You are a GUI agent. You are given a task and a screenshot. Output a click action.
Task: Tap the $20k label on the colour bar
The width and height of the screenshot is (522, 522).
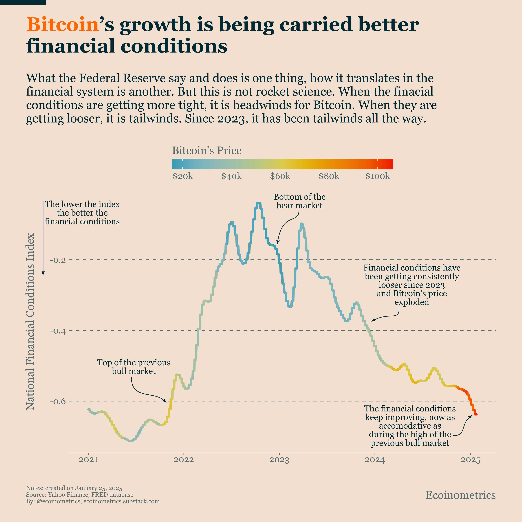[x=183, y=176]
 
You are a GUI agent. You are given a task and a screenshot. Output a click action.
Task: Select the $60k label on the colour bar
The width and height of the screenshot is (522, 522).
[x=280, y=176]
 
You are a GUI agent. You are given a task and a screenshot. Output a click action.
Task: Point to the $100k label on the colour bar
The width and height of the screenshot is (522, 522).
[x=377, y=176]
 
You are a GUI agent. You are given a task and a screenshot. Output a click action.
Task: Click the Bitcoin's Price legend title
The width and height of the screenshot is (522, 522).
[x=207, y=150]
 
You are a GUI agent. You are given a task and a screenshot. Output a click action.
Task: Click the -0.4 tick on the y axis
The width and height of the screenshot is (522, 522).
[x=58, y=331]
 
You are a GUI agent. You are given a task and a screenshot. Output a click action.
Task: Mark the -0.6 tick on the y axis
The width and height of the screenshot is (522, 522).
[x=58, y=401]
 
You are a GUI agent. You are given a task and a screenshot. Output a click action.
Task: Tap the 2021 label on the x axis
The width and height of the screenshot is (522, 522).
[x=88, y=460]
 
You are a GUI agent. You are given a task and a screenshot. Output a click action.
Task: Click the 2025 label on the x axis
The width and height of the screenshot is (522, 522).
[x=471, y=460]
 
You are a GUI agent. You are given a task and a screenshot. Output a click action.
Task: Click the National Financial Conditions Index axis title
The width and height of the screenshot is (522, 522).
[x=30, y=321]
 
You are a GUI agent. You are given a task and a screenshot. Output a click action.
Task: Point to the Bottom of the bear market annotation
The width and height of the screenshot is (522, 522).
[x=299, y=201]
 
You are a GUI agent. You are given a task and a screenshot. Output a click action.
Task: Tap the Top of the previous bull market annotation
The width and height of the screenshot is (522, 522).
[x=134, y=367]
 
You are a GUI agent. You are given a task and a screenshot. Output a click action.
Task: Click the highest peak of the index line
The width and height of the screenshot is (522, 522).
[x=258, y=202]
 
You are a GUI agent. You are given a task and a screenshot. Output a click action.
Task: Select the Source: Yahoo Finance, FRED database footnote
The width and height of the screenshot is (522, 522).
[x=80, y=495]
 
